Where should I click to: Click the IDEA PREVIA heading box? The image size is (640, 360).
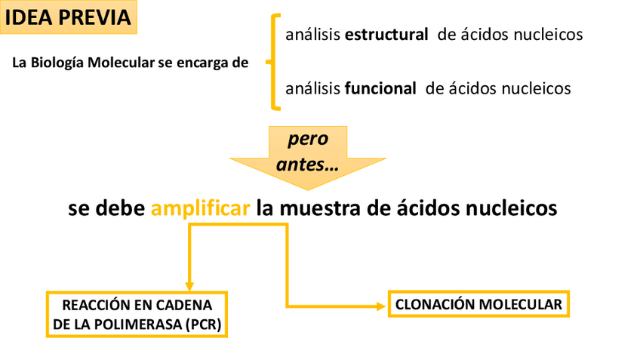coord(69,17)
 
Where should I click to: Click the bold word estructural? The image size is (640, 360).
coord(386,35)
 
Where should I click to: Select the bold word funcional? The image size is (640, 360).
coord(380,88)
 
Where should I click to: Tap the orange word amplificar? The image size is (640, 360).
coord(200,208)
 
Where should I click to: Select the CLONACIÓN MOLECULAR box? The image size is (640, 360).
coord(478,305)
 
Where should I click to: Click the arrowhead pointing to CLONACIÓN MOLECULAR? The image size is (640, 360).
coord(379,306)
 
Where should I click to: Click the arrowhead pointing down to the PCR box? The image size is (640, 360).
coord(190,282)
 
